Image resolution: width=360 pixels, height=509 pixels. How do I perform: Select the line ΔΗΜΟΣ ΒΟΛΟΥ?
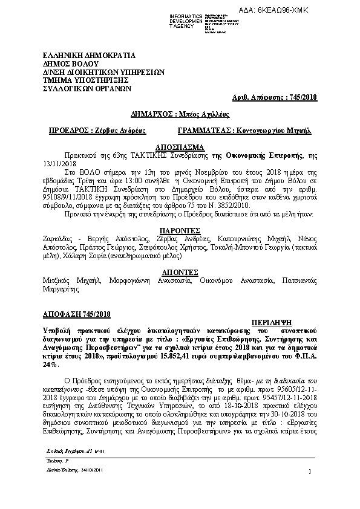[x=67, y=63]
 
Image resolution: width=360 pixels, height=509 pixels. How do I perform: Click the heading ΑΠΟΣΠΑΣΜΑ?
[x=180, y=148]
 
